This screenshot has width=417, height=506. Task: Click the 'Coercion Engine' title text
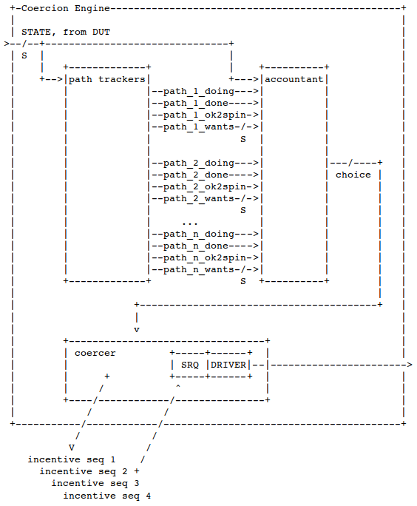66,8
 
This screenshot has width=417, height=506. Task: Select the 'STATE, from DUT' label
66,33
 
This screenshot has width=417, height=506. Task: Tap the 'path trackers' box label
107,79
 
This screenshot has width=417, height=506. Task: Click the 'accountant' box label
294,79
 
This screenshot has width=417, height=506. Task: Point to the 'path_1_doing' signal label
199,92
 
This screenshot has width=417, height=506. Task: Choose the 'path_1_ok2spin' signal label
205,115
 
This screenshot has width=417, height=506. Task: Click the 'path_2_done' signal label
196,175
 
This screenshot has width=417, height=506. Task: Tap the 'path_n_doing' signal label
199,235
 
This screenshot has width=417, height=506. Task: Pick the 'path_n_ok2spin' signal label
205,258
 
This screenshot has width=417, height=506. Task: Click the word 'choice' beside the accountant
353,175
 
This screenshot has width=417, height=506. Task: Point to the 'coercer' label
95,354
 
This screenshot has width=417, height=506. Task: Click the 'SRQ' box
189,365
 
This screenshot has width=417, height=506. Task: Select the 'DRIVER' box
228,365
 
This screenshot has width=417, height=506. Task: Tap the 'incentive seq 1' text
72,459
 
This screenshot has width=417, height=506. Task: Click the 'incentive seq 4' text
107,496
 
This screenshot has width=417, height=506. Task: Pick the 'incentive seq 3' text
95,483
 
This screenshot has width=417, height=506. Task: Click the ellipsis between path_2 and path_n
189,223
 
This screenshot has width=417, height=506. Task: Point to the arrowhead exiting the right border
410,365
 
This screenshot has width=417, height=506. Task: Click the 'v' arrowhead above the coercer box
137,330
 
